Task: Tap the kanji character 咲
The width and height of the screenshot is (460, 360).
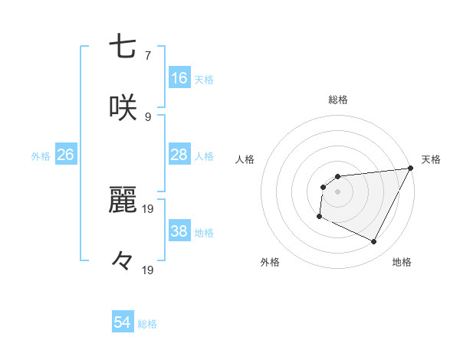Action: (123, 107)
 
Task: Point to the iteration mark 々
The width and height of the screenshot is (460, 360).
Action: (123, 261)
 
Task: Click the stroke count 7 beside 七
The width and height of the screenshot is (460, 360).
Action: (147, 56)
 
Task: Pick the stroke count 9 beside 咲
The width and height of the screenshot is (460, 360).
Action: (147, 117)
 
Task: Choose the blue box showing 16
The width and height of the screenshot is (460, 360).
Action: (179, 77)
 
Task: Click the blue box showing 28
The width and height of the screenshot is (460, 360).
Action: (179, 155)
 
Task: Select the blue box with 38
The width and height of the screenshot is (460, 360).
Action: (179, 231)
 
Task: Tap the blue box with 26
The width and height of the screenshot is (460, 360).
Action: (66, 155)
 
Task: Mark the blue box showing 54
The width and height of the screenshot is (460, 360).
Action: (123, 322)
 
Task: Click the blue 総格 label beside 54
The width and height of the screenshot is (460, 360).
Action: (147, 324)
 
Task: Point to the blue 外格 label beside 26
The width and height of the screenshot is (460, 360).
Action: (41, 156)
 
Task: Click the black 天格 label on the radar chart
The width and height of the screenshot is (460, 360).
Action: (431, 159)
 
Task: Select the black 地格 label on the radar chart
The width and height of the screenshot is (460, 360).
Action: (402, 262)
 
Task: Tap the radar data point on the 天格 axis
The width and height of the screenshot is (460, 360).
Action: (412, 168)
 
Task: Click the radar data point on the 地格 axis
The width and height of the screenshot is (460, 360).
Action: (374, 242)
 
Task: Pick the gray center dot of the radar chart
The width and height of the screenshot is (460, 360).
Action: (337, 191)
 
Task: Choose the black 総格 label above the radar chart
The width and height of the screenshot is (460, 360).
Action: (338, 100)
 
